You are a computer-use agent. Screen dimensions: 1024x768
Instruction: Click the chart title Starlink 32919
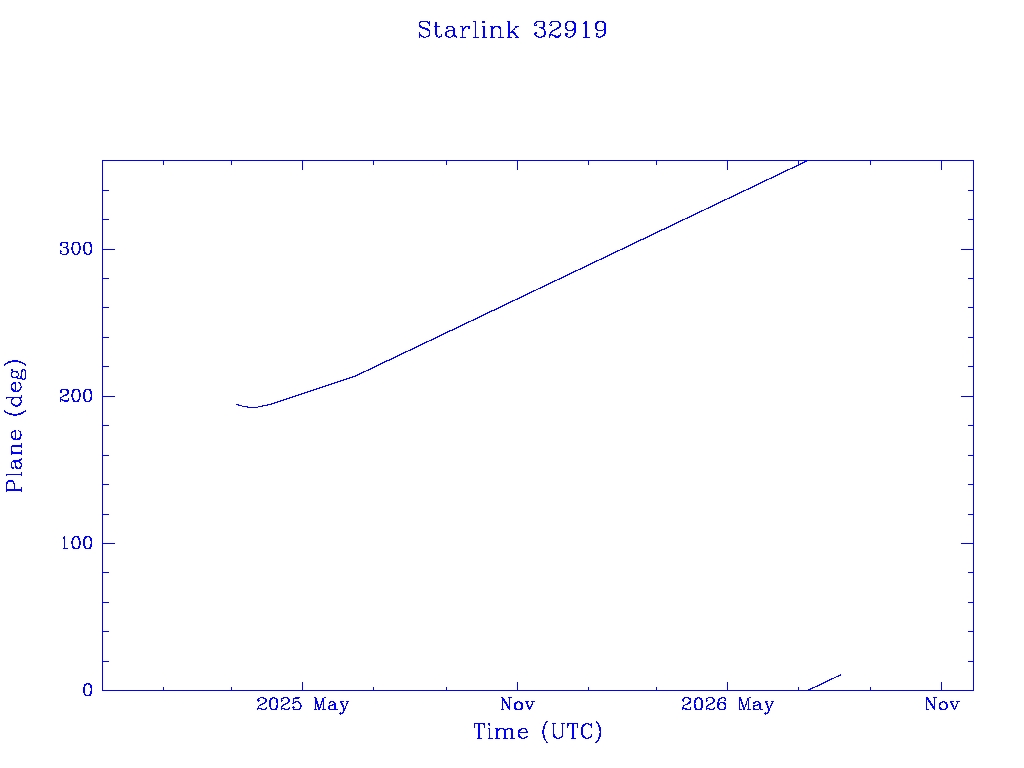coord(512,30)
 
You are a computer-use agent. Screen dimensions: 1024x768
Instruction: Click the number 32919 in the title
coord(570,30)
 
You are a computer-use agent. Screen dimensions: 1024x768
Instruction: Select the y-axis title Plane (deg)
coord(14,426)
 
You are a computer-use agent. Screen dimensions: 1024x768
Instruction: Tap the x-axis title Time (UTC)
coord(537,731)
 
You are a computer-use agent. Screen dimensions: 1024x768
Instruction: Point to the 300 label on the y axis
coord(76,249)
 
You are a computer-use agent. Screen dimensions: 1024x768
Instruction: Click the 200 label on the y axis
coord(76,396)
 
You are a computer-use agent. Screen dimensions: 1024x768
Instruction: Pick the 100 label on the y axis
coord(76,543)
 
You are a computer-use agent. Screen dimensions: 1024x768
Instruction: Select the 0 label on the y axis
coord(88,690)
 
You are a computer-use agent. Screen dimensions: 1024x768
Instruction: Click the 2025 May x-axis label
coord(302,704)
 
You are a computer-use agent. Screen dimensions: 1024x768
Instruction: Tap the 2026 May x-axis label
coord(728,704)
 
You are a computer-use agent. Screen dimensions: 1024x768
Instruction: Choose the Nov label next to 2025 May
coord(517,704)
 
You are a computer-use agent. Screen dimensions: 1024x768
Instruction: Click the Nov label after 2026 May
coord(942,704)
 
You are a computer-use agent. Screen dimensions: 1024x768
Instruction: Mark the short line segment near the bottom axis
coord(824,682)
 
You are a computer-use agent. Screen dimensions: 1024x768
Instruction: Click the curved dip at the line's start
coord(252,407)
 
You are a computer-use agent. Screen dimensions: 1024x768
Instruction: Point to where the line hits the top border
coord(807,161)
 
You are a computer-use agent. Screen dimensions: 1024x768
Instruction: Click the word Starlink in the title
coord(468,30)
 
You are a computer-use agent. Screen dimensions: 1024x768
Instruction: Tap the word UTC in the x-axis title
coord(572,731)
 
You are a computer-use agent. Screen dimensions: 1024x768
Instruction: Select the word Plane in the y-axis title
coord(14,460)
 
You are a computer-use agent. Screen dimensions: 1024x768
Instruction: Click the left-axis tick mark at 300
coord(109,249)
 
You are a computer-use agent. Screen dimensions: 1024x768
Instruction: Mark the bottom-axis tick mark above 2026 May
coord(728,684)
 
